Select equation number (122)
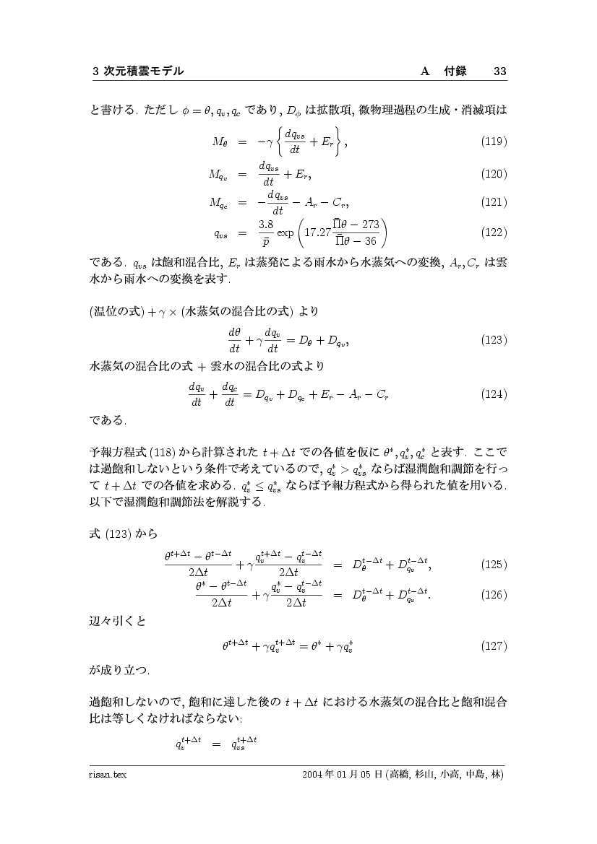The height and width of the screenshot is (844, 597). (494, 232)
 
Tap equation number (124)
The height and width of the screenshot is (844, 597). (494, 394)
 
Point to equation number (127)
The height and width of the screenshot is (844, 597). (494, 645)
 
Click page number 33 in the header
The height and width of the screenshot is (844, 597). (500, 71)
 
